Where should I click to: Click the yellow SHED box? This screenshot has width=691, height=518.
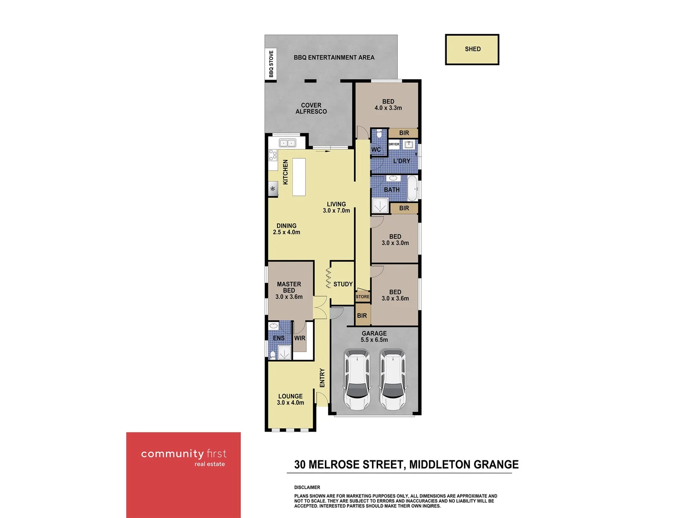(472, 49)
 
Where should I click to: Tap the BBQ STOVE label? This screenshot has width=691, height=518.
(271, 64)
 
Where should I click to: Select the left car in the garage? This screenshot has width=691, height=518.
(357, 379)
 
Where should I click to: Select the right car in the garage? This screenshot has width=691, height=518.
(393, 379)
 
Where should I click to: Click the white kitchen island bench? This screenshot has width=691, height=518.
(299, 177)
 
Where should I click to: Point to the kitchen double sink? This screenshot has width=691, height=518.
(287, 143)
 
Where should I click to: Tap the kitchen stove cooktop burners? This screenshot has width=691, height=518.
(273, 155)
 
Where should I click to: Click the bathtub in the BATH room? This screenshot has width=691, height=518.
(412, 188)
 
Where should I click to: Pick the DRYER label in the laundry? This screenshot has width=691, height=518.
(394, 144)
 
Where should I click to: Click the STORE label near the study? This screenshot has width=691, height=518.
(363, 297)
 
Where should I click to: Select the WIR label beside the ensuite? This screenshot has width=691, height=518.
(300, 338)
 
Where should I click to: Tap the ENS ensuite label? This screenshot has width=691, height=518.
(279, 338)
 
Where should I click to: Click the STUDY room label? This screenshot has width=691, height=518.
(343, 284)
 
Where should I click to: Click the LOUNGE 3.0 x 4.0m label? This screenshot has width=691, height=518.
(290, 400)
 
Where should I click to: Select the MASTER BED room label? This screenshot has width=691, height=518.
(289, 290)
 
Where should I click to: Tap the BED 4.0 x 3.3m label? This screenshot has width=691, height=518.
(388, 105)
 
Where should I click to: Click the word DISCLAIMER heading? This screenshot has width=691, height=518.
(307, 487)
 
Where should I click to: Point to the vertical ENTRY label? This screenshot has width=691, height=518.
(322, 378)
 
